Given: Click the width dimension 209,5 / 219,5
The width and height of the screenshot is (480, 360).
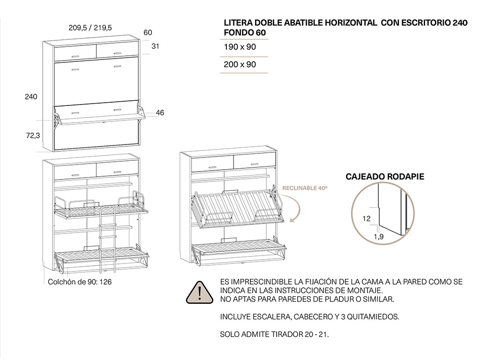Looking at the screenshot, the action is click(x=90, y=28).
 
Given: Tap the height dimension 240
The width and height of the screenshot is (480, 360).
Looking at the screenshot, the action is click(x=31, y=97).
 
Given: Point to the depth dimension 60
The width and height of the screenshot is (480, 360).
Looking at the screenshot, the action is click(x=148, y=32).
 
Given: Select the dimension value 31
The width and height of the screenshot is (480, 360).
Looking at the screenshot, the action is click(x=155, y=46).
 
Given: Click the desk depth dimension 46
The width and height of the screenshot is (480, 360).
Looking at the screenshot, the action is click(x=160, y=112).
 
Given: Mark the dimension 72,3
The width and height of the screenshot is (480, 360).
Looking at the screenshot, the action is click(x=33, y=135).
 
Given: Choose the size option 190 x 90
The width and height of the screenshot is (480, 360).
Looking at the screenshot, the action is click(x=240, y=47).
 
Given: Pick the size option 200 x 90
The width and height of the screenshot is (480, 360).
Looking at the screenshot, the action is click(x=240, y=64).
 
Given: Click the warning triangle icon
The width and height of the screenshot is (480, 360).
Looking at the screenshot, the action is click(x=200, y=292).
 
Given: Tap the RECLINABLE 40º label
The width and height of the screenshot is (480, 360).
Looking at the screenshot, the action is click(x=305, y=188).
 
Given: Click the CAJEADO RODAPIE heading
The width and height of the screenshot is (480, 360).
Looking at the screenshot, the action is click(x=385, y=177).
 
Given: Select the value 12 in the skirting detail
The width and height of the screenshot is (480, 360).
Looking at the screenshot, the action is click(x=367, y=218).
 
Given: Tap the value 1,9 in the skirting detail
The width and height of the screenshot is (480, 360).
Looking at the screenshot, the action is click(x=378, y=237).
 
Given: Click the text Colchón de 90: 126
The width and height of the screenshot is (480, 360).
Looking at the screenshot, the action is click(x=80, y=282).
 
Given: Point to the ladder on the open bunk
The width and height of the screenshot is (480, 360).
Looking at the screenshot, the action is click(x=107, y=239).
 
